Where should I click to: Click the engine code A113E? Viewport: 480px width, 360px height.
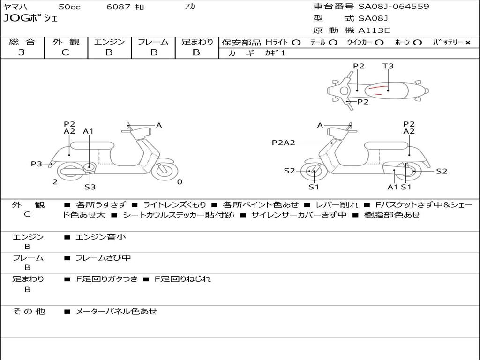pos(374,30)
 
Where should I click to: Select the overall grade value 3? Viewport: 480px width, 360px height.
pos(22,52)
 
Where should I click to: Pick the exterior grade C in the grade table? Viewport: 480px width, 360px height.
pos(65,52)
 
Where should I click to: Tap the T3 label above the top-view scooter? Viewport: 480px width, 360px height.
pos(388,66)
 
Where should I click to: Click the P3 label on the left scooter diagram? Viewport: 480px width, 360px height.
pos(37,164)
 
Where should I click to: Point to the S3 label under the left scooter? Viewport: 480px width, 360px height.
pos(90,187)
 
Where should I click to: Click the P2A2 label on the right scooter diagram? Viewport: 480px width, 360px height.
pos(284,143)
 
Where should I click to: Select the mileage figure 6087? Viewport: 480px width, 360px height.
pos(119,7)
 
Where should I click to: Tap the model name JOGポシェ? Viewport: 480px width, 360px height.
pos(31,19)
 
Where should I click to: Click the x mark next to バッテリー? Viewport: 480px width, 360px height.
pos(467,42)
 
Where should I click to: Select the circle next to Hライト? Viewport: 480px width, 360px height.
pos(296,42)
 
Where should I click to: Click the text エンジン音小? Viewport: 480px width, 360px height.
pos(101,237)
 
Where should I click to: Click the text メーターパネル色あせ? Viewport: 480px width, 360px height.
pos(116,311)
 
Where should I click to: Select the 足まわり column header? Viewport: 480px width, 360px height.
pos(197,42)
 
